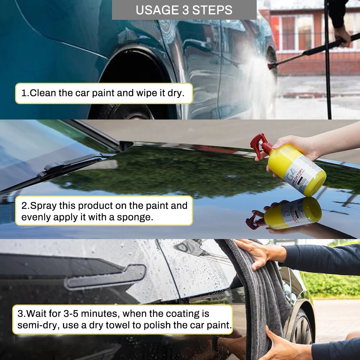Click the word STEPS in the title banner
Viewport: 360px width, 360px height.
point(212,10)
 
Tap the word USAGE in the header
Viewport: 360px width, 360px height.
point(157,10)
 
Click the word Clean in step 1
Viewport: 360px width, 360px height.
point(43,93)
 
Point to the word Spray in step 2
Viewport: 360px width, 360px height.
point(44,206)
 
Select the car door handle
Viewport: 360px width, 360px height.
point(105,276)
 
